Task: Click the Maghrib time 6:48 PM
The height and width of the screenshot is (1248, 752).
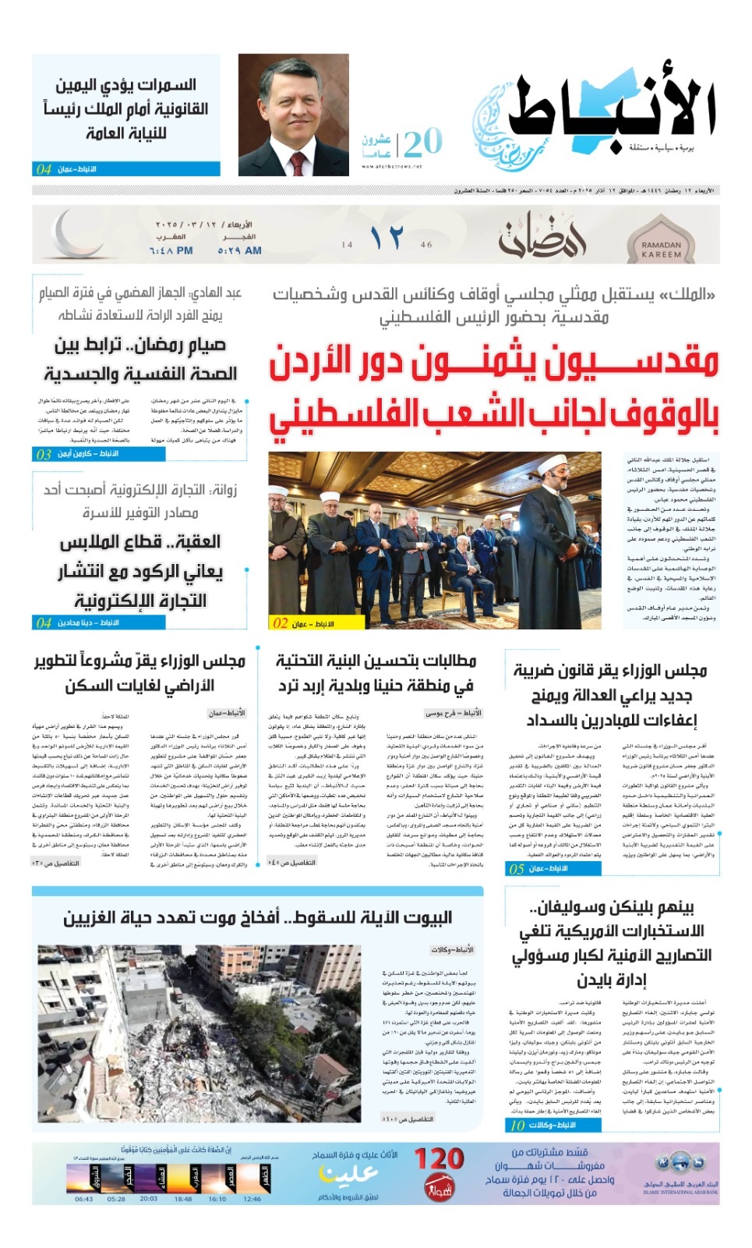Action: click(x=171, y=251)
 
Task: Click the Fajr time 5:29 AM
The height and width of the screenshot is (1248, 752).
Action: click(x=239, y=251)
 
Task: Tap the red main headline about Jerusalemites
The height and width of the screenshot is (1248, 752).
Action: click(x=493, y=388)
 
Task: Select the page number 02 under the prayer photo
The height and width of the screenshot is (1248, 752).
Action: click(x=281, y=623)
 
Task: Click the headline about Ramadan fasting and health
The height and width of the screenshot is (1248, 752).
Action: click(x=140, y=360)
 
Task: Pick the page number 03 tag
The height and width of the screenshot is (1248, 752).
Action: click(x=44, y=454)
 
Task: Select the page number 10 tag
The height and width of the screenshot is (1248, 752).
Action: click(x=517, y=1125)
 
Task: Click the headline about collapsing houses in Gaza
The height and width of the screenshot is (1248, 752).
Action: click(x=257, y=917)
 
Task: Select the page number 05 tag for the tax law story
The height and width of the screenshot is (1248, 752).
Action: click(x=517, y=868)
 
